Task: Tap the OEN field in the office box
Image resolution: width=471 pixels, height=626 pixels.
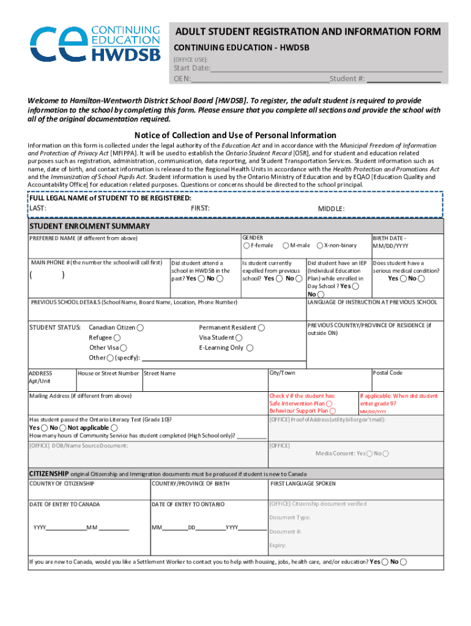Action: [259, 79]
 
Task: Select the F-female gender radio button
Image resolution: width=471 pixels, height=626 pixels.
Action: [247, 246]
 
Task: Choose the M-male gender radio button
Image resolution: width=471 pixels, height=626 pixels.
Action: [286, 246]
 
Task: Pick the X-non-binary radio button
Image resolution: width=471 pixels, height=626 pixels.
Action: [320, 246]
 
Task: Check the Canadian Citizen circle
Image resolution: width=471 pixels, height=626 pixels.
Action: [141, 328]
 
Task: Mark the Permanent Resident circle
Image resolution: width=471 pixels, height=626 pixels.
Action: [261, 328]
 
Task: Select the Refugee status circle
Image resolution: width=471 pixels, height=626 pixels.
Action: [117, 337]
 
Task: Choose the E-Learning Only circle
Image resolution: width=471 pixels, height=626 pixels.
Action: [250, 348]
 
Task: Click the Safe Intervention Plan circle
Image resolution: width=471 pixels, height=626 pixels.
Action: [330, 403]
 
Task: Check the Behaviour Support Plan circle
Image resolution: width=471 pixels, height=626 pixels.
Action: [332, 411]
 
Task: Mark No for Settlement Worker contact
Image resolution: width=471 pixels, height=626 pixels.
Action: [404, 562]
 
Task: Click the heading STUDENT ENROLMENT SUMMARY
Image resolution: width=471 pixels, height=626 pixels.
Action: [90, 226]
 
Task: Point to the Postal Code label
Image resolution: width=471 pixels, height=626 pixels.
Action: [388, 373]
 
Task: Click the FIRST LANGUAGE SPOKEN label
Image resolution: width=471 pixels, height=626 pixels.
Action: [302, 484]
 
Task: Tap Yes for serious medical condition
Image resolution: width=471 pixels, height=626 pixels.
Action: [402, 279]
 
